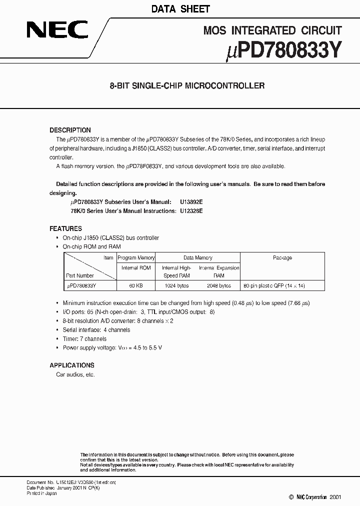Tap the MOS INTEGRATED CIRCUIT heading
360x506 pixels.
[x=272, y=31]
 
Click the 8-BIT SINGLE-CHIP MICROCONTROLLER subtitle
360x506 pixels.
[x=187, y=85]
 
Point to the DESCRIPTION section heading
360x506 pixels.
[x=70, y=130]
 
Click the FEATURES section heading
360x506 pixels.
[x=65, y=228]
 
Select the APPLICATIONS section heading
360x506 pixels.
[x=72, y=365]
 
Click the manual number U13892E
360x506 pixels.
[x=191, y=202]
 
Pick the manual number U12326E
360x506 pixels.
[x=191, y=211]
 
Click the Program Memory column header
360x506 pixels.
[x=136, y=258]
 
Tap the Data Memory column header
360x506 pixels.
[x=197, y=258]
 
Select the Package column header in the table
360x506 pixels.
[x=282, y=258]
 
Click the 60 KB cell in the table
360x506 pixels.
[x=136, y=285]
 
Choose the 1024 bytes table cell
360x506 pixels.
[x=176, y=285]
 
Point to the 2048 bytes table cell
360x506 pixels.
[x=219, y=285]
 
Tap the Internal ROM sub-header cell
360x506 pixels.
[x=136, y=268]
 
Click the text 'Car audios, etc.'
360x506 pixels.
[x=75, y=374]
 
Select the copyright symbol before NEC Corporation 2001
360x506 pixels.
[x=291, y=497]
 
